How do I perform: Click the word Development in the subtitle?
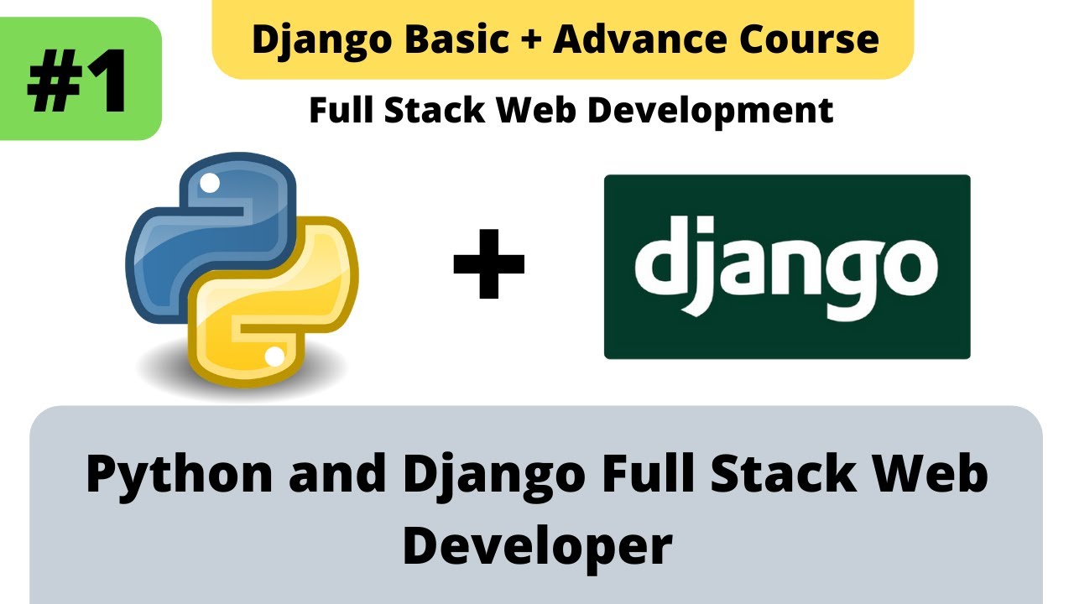tap(712, 110)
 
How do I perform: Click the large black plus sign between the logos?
tap(488, 265)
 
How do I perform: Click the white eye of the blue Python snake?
tap(211, 181)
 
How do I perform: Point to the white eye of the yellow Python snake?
tap(274, 357)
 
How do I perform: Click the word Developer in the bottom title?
tap(537, 544)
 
